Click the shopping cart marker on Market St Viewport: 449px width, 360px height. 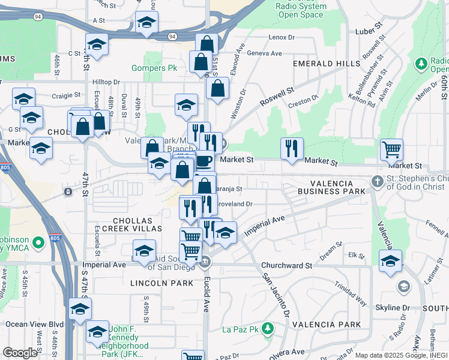(x=391, y=149)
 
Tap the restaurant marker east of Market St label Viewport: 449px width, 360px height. (x=292, y=148)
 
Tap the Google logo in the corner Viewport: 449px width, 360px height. (x=20, y=353)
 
